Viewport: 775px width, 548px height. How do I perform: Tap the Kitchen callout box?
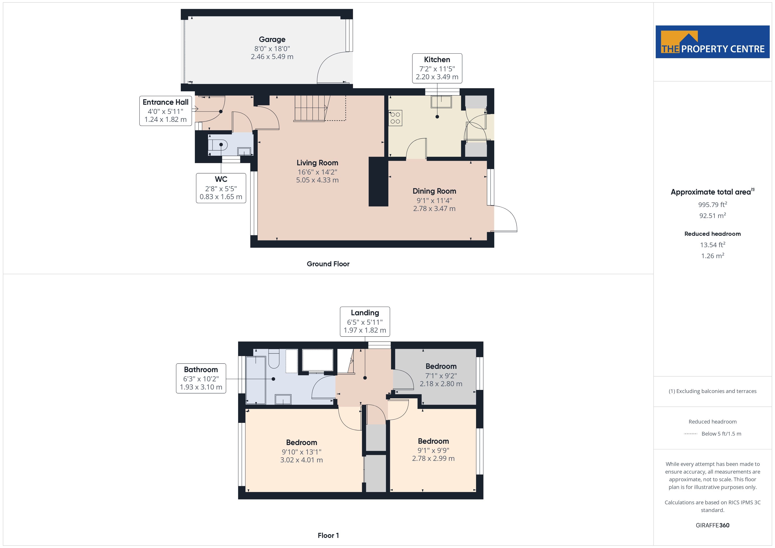[437, 68]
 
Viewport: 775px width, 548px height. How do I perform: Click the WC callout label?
[221, 188]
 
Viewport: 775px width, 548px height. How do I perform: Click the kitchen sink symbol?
[441, 102]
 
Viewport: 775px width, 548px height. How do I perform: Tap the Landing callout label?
[365, 322]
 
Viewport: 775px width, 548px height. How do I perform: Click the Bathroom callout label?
[201, 378]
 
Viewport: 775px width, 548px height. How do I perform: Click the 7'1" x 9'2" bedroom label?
[441, 375]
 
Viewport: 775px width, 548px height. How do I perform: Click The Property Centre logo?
[713, 42]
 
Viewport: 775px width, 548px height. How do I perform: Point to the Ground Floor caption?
[328, 264]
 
